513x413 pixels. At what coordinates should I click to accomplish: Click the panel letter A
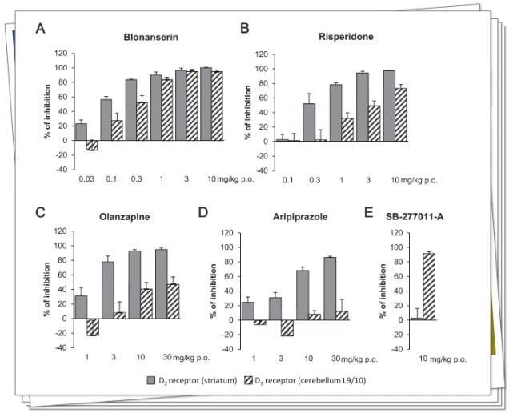(40, 30)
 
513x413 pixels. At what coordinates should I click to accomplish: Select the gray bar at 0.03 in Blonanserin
(81, 132)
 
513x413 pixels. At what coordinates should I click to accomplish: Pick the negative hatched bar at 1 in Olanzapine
(93, 327)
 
